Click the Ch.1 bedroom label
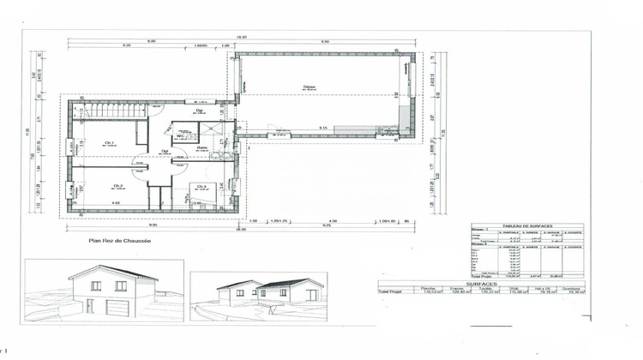110,142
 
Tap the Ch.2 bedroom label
117,186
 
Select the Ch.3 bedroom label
201,187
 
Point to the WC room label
181,136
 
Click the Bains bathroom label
202,148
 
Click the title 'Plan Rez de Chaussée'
119,242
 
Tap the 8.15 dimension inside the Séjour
322,128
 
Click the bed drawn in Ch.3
205,201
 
